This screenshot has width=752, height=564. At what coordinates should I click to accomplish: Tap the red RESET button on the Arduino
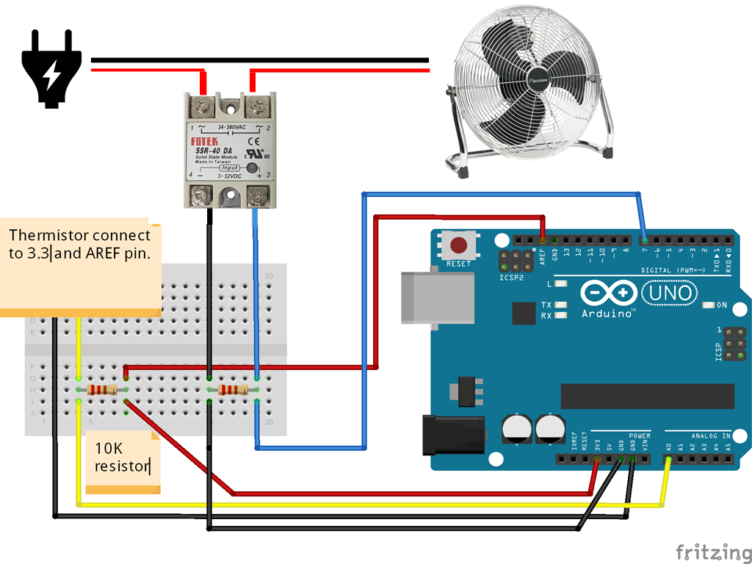pyautogui.click(x=460, y=245)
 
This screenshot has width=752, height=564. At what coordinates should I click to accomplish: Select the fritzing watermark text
pyautogui.click(x=708, y=552)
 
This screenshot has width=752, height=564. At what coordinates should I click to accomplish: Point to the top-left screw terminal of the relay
pyautogui.click(x=202, y=108)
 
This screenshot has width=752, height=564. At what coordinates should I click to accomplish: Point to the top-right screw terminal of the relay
pyautogui.click(x=257, y=108)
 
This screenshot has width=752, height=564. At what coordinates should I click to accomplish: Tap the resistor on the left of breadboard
pyautogui.click(x=102, y=390)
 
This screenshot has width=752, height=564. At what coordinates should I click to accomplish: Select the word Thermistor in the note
pyautogui.click(x=44, y=236)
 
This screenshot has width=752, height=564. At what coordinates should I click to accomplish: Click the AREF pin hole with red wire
pyautogui.click(x=543, y=240)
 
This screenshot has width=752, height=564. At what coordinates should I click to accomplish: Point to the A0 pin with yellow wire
pyautogui.click(x=668, y=460)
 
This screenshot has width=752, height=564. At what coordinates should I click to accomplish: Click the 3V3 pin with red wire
pyautogui.click(x=596, y=460)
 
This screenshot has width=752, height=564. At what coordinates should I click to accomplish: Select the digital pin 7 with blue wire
pyautogui.click(x=644, y=240)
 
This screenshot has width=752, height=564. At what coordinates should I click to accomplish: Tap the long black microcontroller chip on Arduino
pyautogui.click(x=647, y=396)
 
